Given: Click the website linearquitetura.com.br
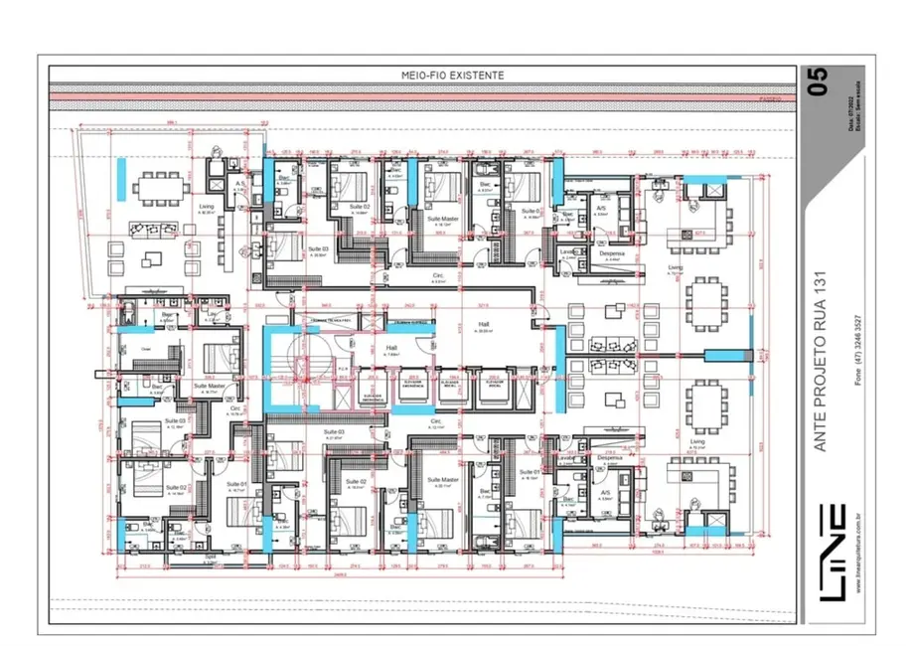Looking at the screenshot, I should tap(857, 552).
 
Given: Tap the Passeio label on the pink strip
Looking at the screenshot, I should tap(770, 99).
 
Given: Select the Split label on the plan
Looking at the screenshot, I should tap(210, 558).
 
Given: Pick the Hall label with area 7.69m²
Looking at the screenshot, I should tap(390, 350).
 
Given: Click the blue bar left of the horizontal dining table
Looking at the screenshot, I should tap(119, 183).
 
